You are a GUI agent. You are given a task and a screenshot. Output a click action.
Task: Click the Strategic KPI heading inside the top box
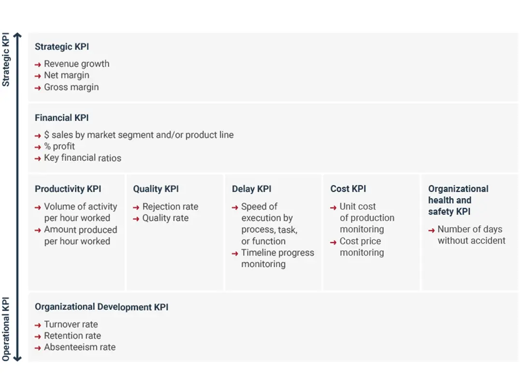tap(62, 46)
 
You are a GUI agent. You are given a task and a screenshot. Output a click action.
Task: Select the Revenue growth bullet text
tap(76, 64)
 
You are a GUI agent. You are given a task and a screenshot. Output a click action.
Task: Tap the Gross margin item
tap(71, 87)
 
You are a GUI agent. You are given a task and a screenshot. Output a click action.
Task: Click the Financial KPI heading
tap(62, 118)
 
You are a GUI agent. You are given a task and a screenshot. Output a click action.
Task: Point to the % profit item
tap(59, 146)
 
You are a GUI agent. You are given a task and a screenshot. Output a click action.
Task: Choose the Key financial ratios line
tap(83, 158)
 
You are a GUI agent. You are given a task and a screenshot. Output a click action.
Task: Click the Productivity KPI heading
tap(68, 189)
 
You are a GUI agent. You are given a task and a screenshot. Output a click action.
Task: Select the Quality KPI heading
tap(156, 189)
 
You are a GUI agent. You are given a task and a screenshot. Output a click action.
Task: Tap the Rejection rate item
tap(170, 207)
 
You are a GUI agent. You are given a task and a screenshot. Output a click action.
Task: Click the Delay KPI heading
tap(252, 189)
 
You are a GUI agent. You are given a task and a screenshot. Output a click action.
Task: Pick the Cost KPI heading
tap(348, 189)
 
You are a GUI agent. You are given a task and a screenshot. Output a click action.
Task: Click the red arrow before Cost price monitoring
tap(333, 242)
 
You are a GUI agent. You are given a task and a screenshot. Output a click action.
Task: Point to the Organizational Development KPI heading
tap(101, 307)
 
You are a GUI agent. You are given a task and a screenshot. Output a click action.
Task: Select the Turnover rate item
tap(71, 324)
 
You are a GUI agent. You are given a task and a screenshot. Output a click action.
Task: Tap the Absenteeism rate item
tap(80, 347)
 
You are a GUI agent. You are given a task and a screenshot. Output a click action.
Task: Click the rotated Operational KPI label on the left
tap(6, 329)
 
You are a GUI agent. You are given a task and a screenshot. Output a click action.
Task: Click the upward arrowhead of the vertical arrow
tap(17, 35)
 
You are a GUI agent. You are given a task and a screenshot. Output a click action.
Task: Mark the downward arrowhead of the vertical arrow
tap(17, 359)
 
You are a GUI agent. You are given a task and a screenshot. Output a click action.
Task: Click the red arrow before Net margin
tap(38, 76)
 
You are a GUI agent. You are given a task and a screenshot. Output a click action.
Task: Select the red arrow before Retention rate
tap(38, 337)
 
